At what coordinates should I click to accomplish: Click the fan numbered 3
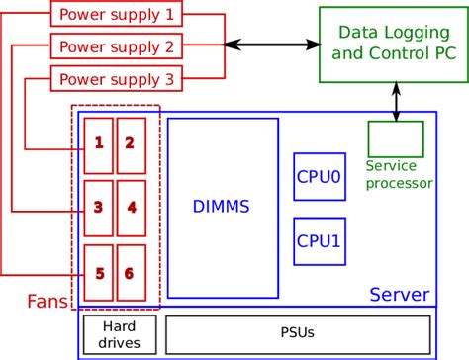98,209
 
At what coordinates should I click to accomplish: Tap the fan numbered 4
131,209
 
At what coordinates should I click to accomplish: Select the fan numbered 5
98,272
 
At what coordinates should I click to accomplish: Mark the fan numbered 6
131,272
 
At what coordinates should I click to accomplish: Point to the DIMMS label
221,208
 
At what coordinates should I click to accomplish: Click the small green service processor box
395,138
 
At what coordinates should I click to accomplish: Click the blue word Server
399,295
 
